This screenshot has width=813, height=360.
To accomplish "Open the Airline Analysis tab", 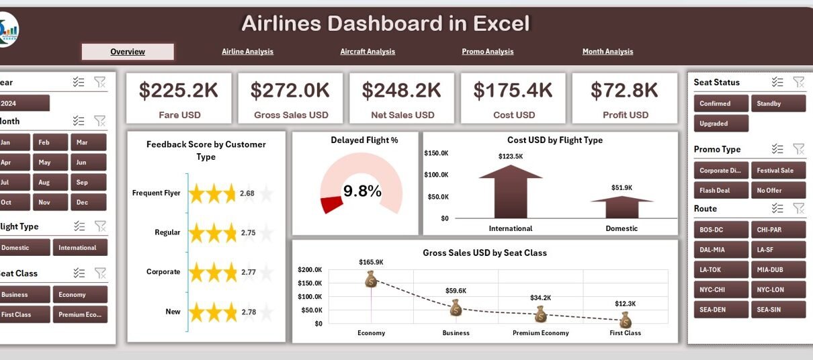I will click(x=247, y=52).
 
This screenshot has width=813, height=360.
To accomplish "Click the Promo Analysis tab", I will click(x=487, y=52).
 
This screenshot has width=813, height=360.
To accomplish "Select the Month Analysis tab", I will click(x=607, y=52).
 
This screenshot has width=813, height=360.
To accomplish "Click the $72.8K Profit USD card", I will click(x=625, y=98).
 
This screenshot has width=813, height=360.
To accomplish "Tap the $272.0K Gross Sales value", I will click(x=290, y=90).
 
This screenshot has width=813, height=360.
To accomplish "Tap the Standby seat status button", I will click(x=777, y=103).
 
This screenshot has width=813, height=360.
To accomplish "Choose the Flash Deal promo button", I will click(x=720, y=190).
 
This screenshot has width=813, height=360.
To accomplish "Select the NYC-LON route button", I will click(x=777, y=289).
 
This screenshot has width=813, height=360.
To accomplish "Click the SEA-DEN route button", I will click(x=720, y=310).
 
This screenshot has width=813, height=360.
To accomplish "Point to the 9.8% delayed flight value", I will click(x=362, y=191).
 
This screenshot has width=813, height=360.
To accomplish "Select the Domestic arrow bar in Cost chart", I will click(x=622, y=208).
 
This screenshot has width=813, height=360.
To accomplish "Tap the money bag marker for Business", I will click(x=456, y=308).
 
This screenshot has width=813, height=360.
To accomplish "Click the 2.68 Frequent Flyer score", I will click(x=247, y=194).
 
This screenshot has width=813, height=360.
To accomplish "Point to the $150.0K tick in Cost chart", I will click(x=437, y=153).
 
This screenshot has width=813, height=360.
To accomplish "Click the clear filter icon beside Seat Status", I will click(x=798, y=82).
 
